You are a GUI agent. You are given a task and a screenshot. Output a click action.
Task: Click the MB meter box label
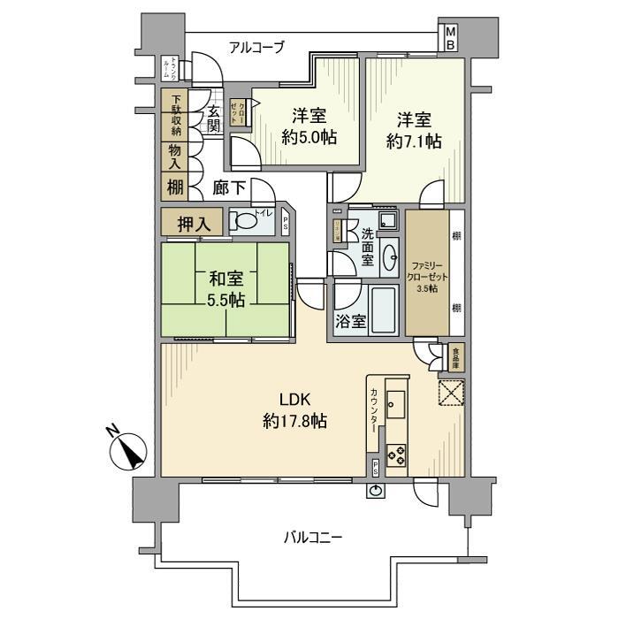[x=450, y=37]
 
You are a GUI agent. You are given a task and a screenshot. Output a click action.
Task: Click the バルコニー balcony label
[x=313, y=537]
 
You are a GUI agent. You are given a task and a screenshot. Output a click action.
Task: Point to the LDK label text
[x=294, y=397]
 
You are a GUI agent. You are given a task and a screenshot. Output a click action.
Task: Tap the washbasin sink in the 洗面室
[x=388, y=257]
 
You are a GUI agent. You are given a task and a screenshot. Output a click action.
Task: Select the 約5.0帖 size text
[x=310, y=137]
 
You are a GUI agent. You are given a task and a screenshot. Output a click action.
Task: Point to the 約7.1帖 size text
[x=413, y=141]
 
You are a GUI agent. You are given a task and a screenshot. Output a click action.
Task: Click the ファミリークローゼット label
[x=426, y=276]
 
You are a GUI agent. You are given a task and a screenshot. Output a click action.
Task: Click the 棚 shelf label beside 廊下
[x=174, y=187]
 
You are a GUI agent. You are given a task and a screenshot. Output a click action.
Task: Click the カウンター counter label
[x=374, y=410]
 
